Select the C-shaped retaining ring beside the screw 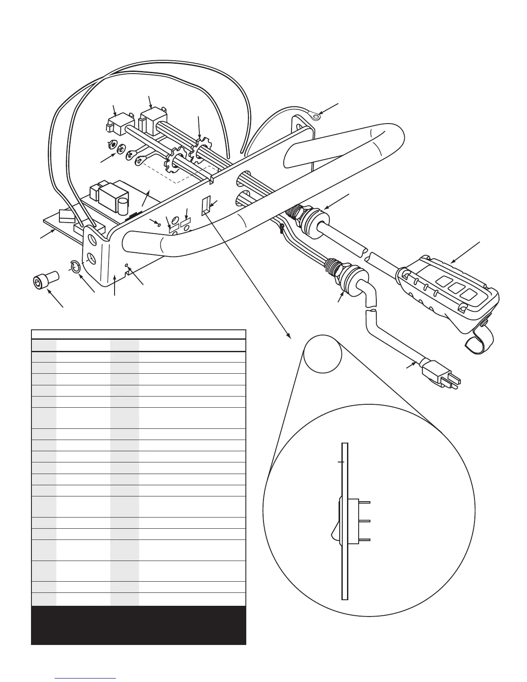tap(75, 267)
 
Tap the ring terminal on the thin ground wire tap(316, 115)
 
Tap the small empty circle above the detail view tap(322, 353)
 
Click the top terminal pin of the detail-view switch tap(364, 502)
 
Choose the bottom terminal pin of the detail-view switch tap(364, 539)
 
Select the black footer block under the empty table tap(138, 625)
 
